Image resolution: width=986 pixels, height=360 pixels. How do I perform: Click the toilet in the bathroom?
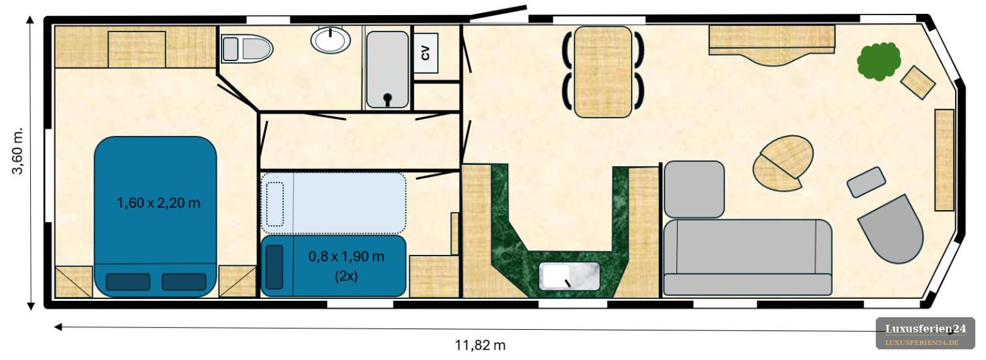tap(247, 48)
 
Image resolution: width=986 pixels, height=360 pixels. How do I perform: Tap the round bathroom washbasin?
tap(331, 40)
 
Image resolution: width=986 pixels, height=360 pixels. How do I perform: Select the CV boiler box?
tap(426, 53)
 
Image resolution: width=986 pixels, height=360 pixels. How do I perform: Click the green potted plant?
tap(878, 61)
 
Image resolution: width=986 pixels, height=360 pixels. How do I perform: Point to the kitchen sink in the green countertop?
tap(569, 276)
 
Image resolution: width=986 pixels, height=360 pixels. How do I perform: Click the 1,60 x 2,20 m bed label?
tap(159, 203)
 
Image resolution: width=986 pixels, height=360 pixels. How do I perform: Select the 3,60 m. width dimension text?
tap(18, 152)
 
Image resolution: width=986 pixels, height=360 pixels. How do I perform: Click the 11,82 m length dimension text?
tap(480, 345)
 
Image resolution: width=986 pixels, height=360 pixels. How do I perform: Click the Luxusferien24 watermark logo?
tap(926, 333)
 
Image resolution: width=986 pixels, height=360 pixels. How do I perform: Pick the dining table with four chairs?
tap(603, 72)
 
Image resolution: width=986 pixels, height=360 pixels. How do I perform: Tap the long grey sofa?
tap(747, 257)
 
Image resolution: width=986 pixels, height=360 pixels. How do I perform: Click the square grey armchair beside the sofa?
tap(694, 189)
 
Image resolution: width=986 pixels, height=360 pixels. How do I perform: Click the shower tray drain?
tap(387, 98)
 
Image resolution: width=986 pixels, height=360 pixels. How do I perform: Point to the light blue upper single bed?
tap(333, 203)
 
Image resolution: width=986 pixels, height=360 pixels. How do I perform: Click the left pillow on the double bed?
tap(128, 282)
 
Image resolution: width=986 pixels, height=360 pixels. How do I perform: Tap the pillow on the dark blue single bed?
tap(275, 267)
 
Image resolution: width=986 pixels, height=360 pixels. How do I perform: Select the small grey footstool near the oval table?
tap(866, 182)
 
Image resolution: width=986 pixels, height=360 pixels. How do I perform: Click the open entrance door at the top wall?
tap(498, 13)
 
